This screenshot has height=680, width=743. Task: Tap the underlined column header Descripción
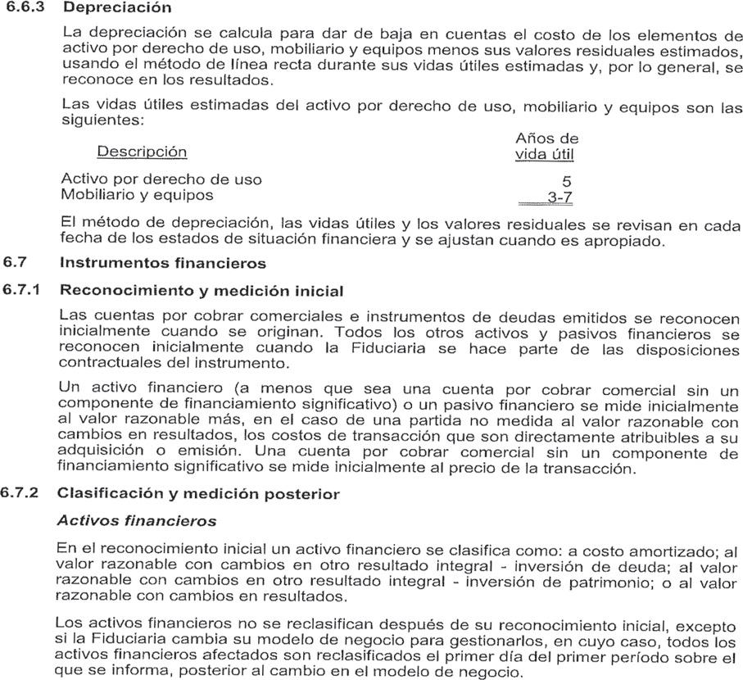tap(142, 152)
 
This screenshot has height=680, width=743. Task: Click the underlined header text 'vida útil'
tap(545, 154)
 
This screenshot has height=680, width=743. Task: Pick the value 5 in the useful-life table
tap(568, 181)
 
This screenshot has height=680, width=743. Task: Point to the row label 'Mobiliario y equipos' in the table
tap(137, 195)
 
